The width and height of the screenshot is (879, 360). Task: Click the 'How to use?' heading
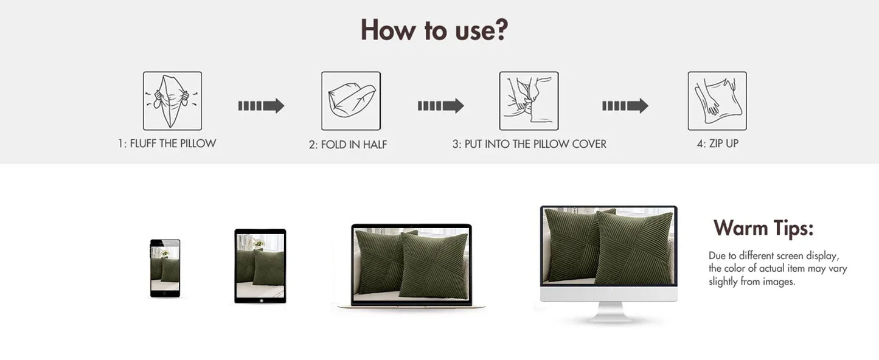[x=434, y=30]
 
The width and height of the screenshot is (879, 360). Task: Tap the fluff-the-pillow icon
[x=172, y=101]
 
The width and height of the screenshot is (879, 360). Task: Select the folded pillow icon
[x=351, y=101]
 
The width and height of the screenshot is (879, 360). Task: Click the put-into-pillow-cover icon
[x=529, y=101]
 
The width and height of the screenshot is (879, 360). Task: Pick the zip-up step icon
[x=717, y=101]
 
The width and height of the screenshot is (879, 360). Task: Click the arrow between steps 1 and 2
[x=261, y=106]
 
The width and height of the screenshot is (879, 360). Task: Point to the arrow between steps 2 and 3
[x=440, y=106]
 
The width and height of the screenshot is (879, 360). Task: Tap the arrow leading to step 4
[x=625, y=106]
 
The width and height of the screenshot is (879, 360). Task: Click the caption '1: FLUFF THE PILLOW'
[x=167, y=144]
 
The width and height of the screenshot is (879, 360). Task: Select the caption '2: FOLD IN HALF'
[x=348, y=145]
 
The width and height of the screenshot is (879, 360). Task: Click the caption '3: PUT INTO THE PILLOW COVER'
[x=529, y=144]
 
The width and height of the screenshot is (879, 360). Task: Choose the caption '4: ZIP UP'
[x=718, y=144]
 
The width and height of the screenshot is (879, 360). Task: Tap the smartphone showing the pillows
[x=165, y=268]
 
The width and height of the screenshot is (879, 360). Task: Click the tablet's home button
[x=262, y=301]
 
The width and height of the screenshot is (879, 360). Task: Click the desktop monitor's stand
[x=609, y=312]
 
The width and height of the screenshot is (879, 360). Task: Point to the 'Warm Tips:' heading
[x=763, y=228]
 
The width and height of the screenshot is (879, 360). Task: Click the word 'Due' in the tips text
[x=717, y=255]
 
